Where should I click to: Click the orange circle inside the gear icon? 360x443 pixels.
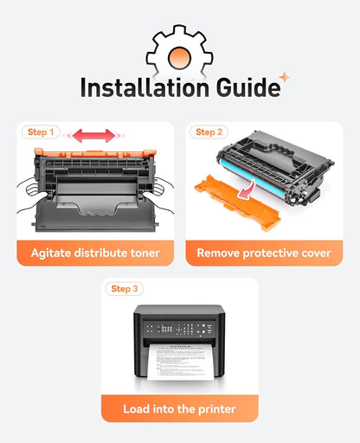click(x=179, y=58)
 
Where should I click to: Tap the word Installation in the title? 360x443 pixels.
click(x=145, y=87)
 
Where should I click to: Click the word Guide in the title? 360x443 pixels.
click(x=248, y=87)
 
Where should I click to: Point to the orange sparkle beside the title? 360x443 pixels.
click(x=285, y=77)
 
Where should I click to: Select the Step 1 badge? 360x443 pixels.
click(x=41, y=132)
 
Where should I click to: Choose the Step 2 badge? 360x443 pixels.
click(x=209, y=132)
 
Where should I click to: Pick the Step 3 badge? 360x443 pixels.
click(x=125, y=289)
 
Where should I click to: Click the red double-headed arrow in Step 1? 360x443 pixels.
click(x=93, y=136)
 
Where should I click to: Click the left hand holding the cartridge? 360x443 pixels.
click(x=32, y=196)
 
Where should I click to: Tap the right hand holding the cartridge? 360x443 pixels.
click(x=158, y=193)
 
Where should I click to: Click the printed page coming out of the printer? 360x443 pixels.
click(x=181, y=362)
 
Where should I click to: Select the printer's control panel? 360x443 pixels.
click(x=179, y=329)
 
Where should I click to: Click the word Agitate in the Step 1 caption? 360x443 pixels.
click(x=51, y=254)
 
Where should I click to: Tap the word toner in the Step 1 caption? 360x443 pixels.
click(x=145, y=253)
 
